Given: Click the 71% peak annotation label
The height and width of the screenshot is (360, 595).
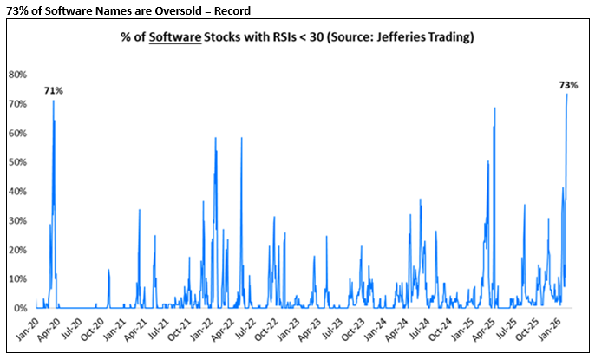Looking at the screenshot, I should (x=54, y=90).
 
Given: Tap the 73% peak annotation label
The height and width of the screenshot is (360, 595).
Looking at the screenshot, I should (x=568, y=85).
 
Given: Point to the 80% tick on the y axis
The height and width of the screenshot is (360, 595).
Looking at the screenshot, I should (x=18, y=75).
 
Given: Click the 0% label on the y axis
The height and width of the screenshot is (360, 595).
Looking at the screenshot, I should (x=21, y=308).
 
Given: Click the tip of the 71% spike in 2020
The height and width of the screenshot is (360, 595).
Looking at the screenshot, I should (x=53, y=101).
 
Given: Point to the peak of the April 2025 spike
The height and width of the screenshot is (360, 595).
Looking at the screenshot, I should (x=494, y=108).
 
